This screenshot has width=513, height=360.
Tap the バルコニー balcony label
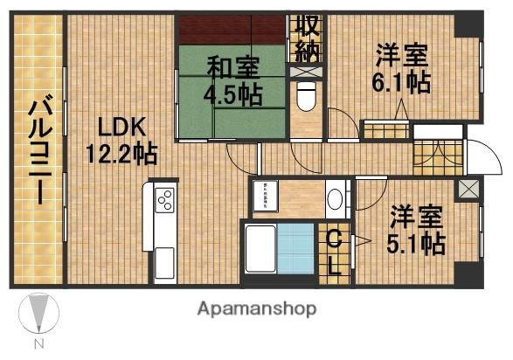tap(38, 149)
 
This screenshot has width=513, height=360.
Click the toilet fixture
tap(306, 97)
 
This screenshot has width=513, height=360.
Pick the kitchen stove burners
tap(165, 202)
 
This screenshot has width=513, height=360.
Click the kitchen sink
tap(164, 262)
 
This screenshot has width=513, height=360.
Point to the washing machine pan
tap(264, 197)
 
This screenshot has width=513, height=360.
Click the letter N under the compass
tap(38, 344)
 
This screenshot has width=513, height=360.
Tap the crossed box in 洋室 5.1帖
tap(468, 188)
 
